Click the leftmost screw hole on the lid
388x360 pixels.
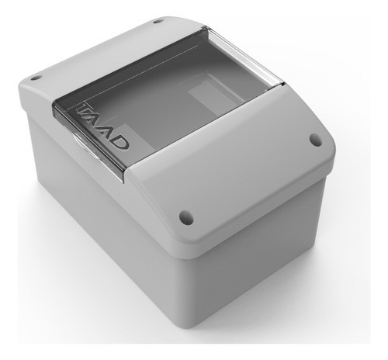click(35, 80)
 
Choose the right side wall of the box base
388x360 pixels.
click(264, 256)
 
